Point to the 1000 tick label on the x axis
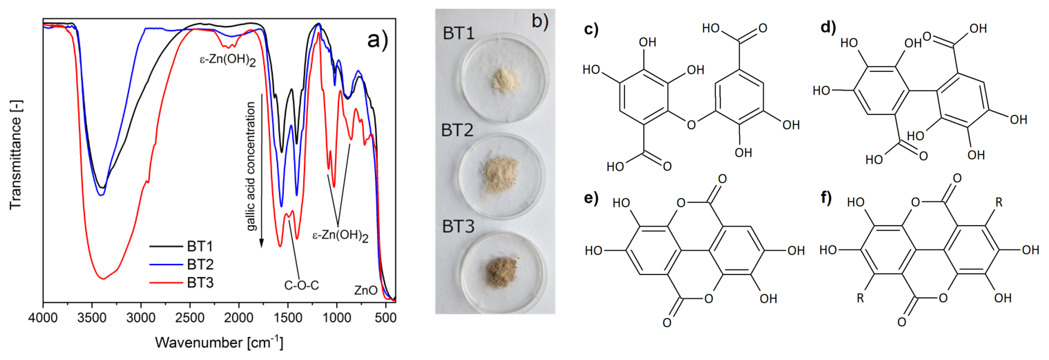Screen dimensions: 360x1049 click(x=336, y=317)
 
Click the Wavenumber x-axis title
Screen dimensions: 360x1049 click(x=219, y=342)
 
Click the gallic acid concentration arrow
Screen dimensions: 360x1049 click(x=261, y=175)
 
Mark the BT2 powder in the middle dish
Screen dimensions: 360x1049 click(x=500, y=174)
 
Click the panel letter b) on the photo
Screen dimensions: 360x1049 click(x=539, y=21)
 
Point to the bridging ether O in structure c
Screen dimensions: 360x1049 click(x=691, y=125)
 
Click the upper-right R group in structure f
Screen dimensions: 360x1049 click(x=999, y=202)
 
